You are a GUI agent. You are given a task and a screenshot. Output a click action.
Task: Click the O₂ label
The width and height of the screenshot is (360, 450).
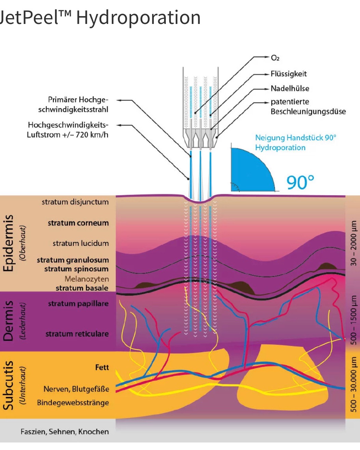(x=275, y=58)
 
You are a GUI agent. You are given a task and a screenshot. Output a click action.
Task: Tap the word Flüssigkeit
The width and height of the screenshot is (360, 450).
(x=289, y=74)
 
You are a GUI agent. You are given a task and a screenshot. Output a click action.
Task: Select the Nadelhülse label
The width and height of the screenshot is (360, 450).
(x=290, y=89)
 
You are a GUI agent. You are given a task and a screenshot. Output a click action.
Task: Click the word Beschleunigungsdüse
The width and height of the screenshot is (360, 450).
(x=308, y=111)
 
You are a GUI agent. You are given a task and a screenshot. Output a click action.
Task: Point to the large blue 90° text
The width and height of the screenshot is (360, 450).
(x=300, y=183)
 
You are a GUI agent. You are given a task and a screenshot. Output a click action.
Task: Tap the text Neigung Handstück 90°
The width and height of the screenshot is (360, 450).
(x=295, y=138)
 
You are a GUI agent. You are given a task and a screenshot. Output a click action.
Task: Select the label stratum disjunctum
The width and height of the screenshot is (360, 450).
(x=75, y=202)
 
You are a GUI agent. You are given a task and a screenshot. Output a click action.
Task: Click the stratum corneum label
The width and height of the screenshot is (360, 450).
(x=78, y=223)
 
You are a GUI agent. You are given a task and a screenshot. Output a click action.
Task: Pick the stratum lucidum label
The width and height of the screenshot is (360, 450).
(x=80, y=243)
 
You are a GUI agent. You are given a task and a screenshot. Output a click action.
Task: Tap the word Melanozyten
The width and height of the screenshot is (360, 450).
(x=86, y=279)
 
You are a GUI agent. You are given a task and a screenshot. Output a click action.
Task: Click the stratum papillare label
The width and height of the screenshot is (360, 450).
(x=78, y=304)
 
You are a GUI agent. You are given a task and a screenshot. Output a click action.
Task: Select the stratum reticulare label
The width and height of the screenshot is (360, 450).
(x=77, y=334)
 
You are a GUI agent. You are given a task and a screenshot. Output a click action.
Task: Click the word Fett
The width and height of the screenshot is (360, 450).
(x=102, y=367)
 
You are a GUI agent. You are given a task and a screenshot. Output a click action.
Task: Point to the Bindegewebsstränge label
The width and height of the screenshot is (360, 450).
(x=73, y=403)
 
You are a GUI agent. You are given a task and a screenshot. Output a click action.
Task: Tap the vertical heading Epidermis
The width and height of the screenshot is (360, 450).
(x=8, y=243)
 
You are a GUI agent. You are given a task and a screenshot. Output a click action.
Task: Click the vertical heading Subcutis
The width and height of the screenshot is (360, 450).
(x=8, y=385)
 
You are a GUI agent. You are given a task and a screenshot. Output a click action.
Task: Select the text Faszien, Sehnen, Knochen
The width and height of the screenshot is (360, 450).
(x=65, y=432)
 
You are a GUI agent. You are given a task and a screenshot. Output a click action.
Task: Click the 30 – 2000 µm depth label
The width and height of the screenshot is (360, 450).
(x=354, y=243)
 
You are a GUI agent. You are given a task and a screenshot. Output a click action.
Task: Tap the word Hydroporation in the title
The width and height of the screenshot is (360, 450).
(x=138, y=17)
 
